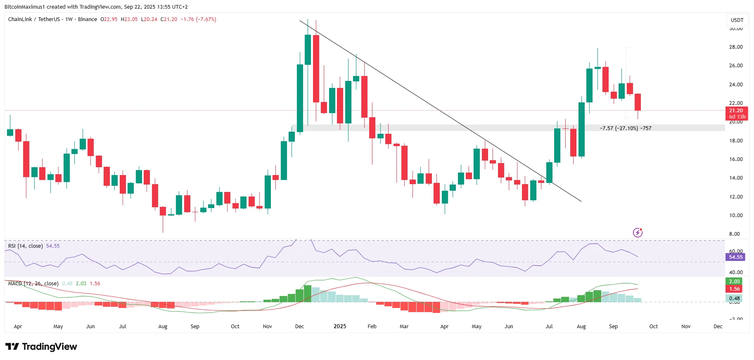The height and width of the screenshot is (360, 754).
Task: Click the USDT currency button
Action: pos(737,20)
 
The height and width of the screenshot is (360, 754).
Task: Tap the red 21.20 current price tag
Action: pos(736,111)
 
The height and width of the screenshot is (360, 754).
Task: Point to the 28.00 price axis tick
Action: pos(736,47)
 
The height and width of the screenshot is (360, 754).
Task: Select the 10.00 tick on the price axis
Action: pos(736,216)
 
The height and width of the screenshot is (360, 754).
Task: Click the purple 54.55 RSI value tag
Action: pos(736,257)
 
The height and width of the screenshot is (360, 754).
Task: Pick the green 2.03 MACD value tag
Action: pos(734,282)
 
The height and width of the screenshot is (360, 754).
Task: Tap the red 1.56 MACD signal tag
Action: pos(734,289)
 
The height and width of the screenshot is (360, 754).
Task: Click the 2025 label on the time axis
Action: pos(340,327)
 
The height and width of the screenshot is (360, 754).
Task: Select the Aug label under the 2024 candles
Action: pos(163,327)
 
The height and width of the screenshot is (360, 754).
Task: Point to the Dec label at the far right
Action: pos(718,327)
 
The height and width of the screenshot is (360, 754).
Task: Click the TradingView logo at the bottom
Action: pos(41,347)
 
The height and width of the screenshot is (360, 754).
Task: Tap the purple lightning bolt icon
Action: pos(638,233)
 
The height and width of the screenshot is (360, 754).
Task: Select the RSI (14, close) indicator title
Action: pos(26,246)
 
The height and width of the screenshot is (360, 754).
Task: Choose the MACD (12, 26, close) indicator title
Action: pos(33,284)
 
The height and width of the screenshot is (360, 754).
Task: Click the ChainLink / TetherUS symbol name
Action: pos(34,19)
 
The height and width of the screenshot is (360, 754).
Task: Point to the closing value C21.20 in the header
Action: pos(169,19)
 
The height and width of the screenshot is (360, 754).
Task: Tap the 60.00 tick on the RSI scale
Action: pos(736,251)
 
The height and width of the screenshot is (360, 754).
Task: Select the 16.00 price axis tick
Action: pos(736,159)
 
